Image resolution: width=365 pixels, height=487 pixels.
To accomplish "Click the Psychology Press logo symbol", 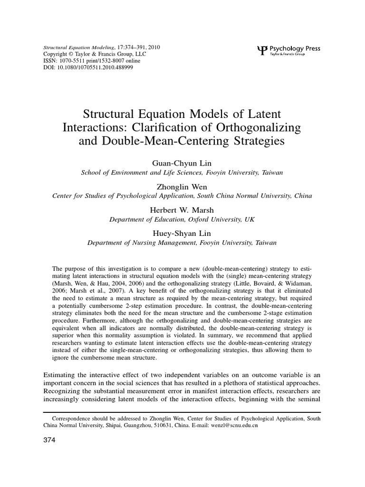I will pos(262,49).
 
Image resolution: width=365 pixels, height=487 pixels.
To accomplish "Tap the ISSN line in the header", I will pos(92,61).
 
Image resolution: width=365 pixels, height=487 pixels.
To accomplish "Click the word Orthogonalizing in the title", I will pos(255,128).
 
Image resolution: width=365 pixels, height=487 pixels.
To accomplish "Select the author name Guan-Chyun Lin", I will pos(182,163).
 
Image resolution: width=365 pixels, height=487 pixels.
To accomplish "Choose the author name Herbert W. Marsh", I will pos(182,209).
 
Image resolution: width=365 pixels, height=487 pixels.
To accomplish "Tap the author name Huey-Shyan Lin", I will pos(182,233).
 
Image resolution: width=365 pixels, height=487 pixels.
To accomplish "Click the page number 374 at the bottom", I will pos(49,440).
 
